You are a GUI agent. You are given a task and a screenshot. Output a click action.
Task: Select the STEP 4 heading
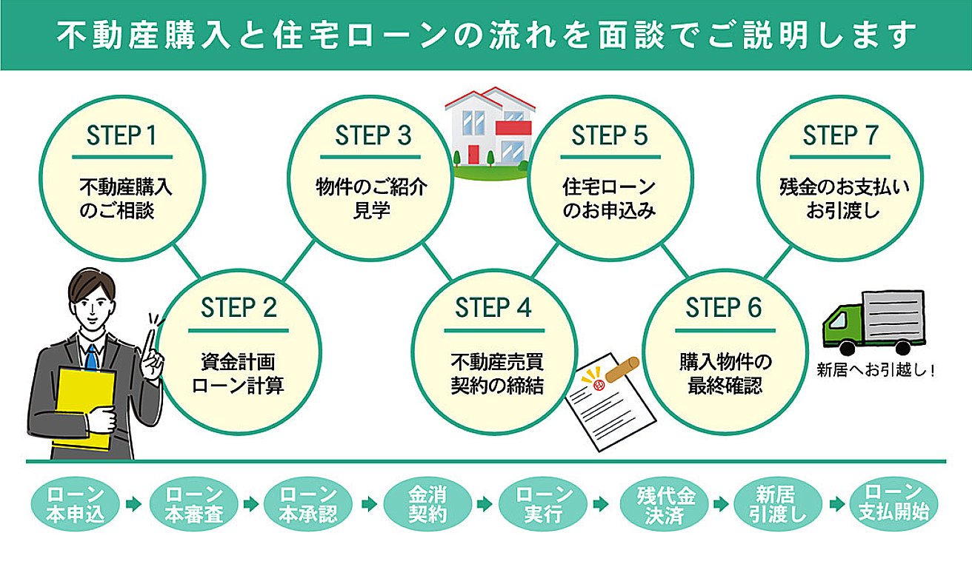(x=493, y=308)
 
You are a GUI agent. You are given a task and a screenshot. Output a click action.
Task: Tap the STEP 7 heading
(x=840, y=136)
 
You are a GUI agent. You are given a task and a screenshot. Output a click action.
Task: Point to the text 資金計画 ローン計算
(x=238, y=374)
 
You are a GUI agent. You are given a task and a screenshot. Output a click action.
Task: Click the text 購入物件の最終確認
(x=725, y=374)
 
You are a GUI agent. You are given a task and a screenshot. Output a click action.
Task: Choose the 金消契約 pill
(x=427, y=504)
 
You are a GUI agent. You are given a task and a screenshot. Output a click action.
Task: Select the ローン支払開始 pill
(x=893, y=504)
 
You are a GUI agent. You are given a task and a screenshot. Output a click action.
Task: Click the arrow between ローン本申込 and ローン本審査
(x=133, y=504)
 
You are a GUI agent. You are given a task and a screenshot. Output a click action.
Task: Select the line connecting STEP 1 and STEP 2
(x=186, y=259)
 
